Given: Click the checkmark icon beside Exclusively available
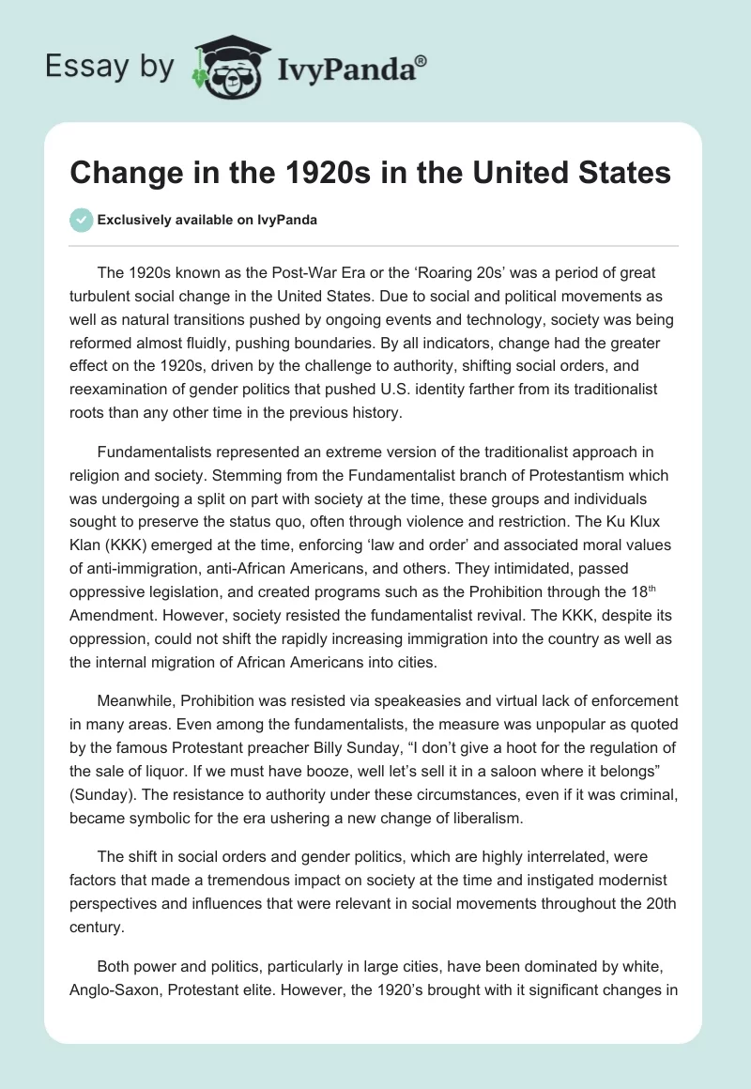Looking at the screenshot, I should pyautogui.click(x=81, y=220).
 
